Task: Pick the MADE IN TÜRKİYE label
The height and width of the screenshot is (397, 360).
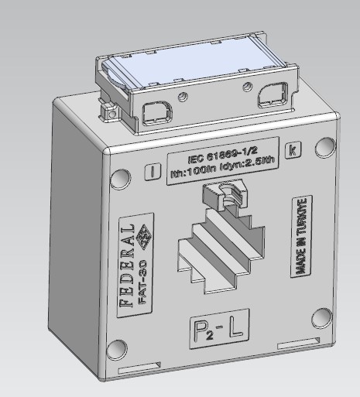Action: coord(302,236)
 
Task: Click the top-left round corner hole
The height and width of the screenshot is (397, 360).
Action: coord(120,180)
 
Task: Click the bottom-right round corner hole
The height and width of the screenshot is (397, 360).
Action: coord(321,318)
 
